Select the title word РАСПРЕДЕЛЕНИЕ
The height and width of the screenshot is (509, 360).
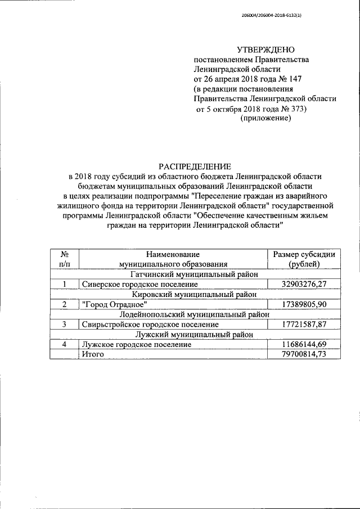tap(194, 166)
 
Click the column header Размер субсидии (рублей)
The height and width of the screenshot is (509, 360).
tap(304, 259)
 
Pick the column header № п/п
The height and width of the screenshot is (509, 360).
tap(65, 259)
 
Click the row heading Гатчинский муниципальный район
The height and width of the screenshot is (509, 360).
tap(194, 274)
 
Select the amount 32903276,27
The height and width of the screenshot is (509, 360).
tap(304, 285)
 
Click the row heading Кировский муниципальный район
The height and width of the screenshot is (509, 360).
tap(194, 294)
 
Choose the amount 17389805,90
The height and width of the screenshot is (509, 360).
tap(304, 304)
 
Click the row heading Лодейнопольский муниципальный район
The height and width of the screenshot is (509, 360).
tap(194, 314)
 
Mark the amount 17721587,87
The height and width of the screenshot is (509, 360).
tap(304, 324)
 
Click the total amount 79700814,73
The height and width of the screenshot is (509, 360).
tap(304, 354)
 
